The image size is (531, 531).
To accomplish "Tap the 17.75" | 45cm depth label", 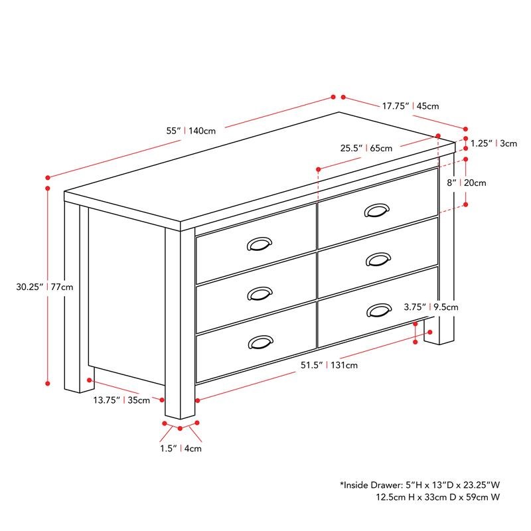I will (410, 106).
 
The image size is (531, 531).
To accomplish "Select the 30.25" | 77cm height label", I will (45, 287).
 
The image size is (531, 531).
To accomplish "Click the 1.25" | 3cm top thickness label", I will (493, 143).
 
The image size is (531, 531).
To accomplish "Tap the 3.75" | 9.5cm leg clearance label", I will (431, 307).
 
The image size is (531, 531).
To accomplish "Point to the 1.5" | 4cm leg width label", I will (181, 449).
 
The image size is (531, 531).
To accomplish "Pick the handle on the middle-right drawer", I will (378, 259).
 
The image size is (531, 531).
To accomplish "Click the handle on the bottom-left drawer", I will (260, 342).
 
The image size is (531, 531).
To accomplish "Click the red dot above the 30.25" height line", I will (48, 177).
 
